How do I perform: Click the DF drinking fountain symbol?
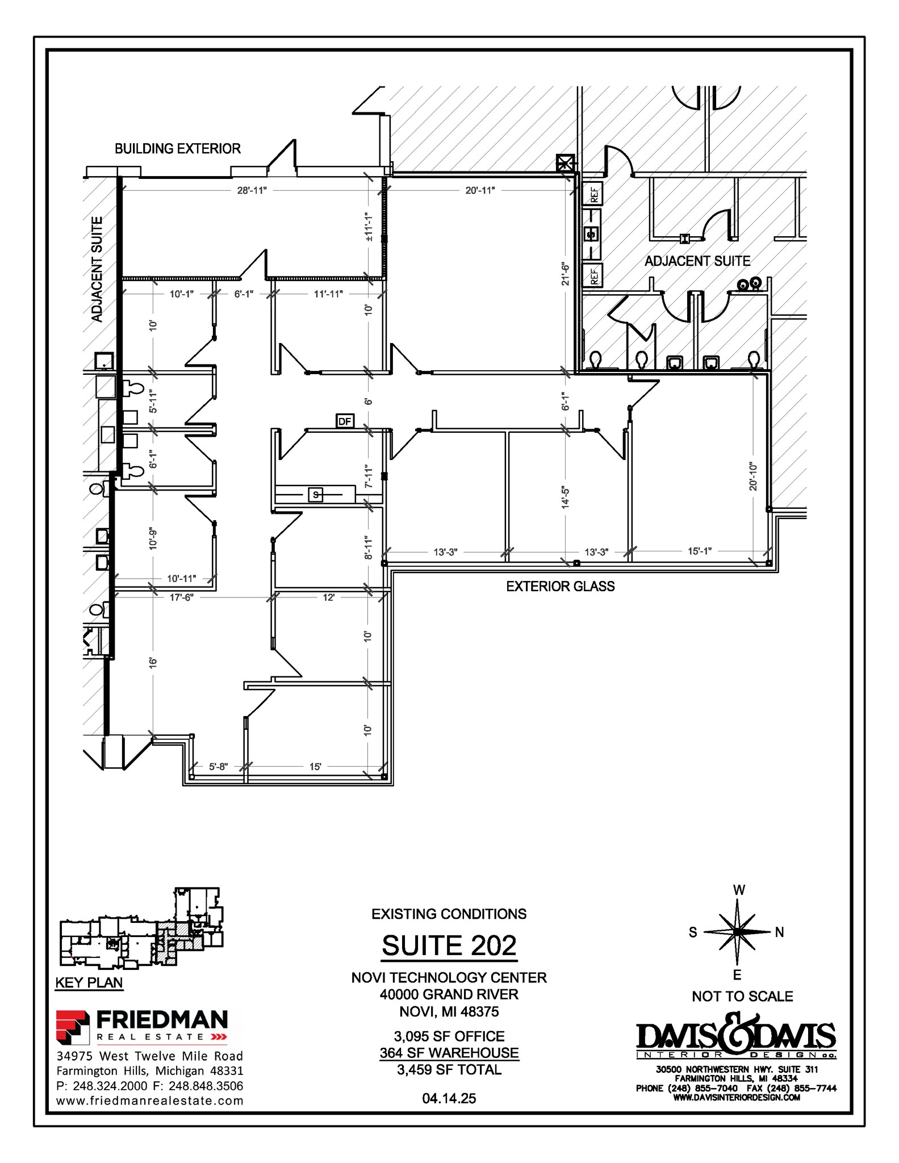click(345, 421)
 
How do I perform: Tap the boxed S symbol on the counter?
click(316, 495)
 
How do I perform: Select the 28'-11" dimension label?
click(252, 190)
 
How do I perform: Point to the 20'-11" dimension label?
click(480, 190)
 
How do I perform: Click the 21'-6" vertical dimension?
click(565, 274)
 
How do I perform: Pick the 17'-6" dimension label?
click(182, 597)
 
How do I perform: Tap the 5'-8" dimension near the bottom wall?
click(218, 766)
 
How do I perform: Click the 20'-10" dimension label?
click(753, 476)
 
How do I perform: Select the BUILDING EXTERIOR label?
click(178, 149)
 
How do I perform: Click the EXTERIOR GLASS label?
click(560, 587)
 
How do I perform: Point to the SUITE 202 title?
click(449, 946)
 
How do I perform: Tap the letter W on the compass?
click(739, 890)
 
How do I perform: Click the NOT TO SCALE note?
click(742, 996)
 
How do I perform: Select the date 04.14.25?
click(449, 1098)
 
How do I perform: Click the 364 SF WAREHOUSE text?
click(449, 1053)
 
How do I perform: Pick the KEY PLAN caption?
click(89, 982)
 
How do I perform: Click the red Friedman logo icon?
click(73, 1027)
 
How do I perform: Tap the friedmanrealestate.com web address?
click(150, 1101)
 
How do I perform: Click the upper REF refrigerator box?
click(593, 194)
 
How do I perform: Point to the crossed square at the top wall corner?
click(565, 164)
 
